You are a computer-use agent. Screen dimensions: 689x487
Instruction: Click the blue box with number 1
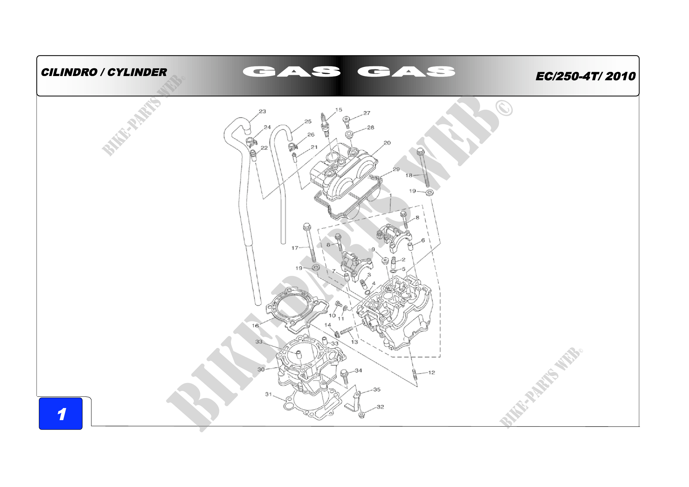[x=61, y=413]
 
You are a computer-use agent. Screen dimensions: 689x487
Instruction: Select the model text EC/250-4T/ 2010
[x=586, y=76]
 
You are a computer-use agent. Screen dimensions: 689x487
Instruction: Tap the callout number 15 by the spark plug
[x=338, y=110]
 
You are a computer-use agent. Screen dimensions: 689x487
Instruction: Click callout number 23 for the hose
[x=262, y=111]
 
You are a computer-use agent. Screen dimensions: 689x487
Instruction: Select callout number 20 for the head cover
[x=387, y=143]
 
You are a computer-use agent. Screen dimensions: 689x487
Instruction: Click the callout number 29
[x=396, y=169]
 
